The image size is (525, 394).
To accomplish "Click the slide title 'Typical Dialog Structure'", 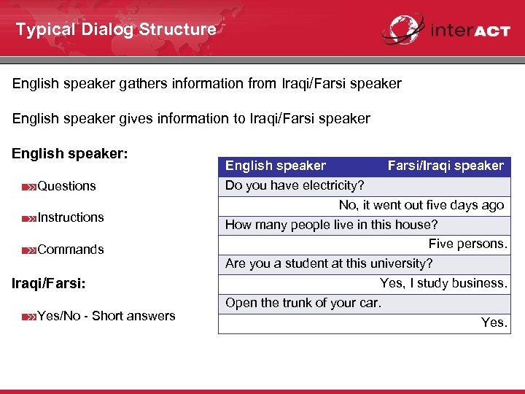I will pos(116,30).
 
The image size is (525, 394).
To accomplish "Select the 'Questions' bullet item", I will pos(66,186).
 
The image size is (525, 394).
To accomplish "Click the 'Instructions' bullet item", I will pos(70,217).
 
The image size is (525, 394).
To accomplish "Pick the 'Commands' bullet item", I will pos(70,250).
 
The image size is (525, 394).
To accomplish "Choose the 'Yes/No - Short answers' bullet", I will pos(106,316).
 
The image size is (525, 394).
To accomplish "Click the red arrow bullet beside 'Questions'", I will pos(28,187).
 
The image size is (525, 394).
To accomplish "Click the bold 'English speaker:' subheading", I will pos(70,155).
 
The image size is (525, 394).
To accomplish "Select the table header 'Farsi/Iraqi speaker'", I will pos(445,166).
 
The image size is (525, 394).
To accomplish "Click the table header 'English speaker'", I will pos(276,166).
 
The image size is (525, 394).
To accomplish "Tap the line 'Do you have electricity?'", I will pos(295,185).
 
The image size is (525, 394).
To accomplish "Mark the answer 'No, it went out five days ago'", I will pos(421,205).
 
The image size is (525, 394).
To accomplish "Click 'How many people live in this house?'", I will pos(331,225).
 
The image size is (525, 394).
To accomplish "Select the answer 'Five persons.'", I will pos(467,244).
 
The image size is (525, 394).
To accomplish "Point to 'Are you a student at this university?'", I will pos(329,263).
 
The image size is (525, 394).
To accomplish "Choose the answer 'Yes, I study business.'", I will pos(443,283).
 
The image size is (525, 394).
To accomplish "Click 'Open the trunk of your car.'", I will pos(303,303).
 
